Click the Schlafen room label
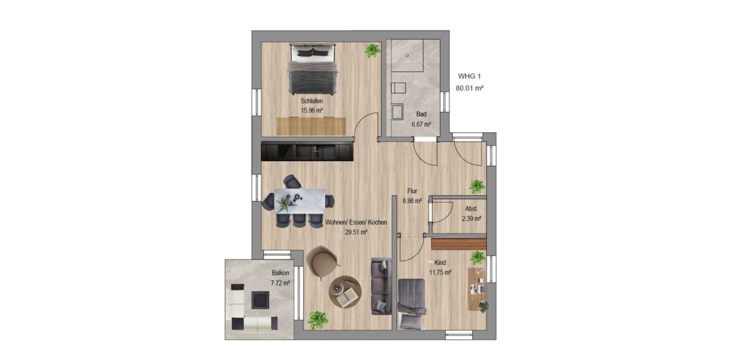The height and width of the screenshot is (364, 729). pos(311,101)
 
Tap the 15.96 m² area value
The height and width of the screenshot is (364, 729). pos(311,110)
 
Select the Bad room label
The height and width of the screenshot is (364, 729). pos(421,114)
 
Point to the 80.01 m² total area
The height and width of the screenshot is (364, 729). pos(469,89)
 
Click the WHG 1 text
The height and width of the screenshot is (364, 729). pos(468,76)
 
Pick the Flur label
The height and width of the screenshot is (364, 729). pos(412,191)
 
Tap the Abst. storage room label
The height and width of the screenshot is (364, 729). pos(471,209)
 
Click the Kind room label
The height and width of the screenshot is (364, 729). pos(440,263)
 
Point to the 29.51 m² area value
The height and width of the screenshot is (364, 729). pos(357,232)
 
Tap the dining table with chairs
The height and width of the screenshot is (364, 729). pos(298,201)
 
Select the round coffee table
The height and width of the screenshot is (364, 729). pos(347,293)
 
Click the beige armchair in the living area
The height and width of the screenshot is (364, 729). pos(323,260)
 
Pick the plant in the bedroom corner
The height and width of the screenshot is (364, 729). pos(372,51)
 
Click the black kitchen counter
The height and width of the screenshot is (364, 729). pos(307,151)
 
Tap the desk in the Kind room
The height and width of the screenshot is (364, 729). pos(476,288)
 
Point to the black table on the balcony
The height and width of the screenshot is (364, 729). pos(260,299)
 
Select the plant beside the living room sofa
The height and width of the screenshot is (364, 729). pos(317,319)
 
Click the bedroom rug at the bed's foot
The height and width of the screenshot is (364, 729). pos(310,126)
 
